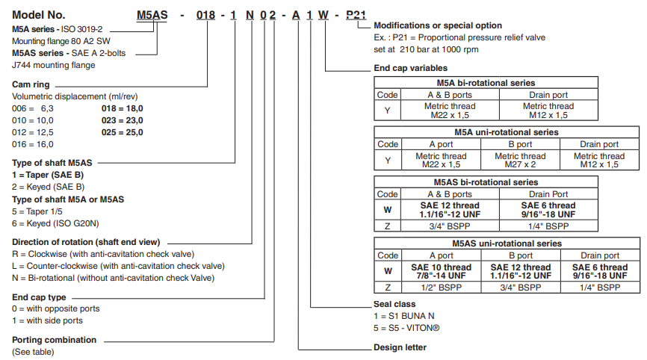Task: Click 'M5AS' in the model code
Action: pyautogui.click(x=153, y=15)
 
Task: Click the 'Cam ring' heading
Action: pyautogui.click(x=31, y=84)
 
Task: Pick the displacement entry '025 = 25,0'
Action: pyautogui.click(x=122, y=132)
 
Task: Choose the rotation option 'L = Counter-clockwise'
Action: pyautogui.click(x=118, y=266)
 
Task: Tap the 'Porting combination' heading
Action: pyautogui.click(x=55, y=340)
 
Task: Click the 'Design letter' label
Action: pyautogui.click(x=400, y=348)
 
